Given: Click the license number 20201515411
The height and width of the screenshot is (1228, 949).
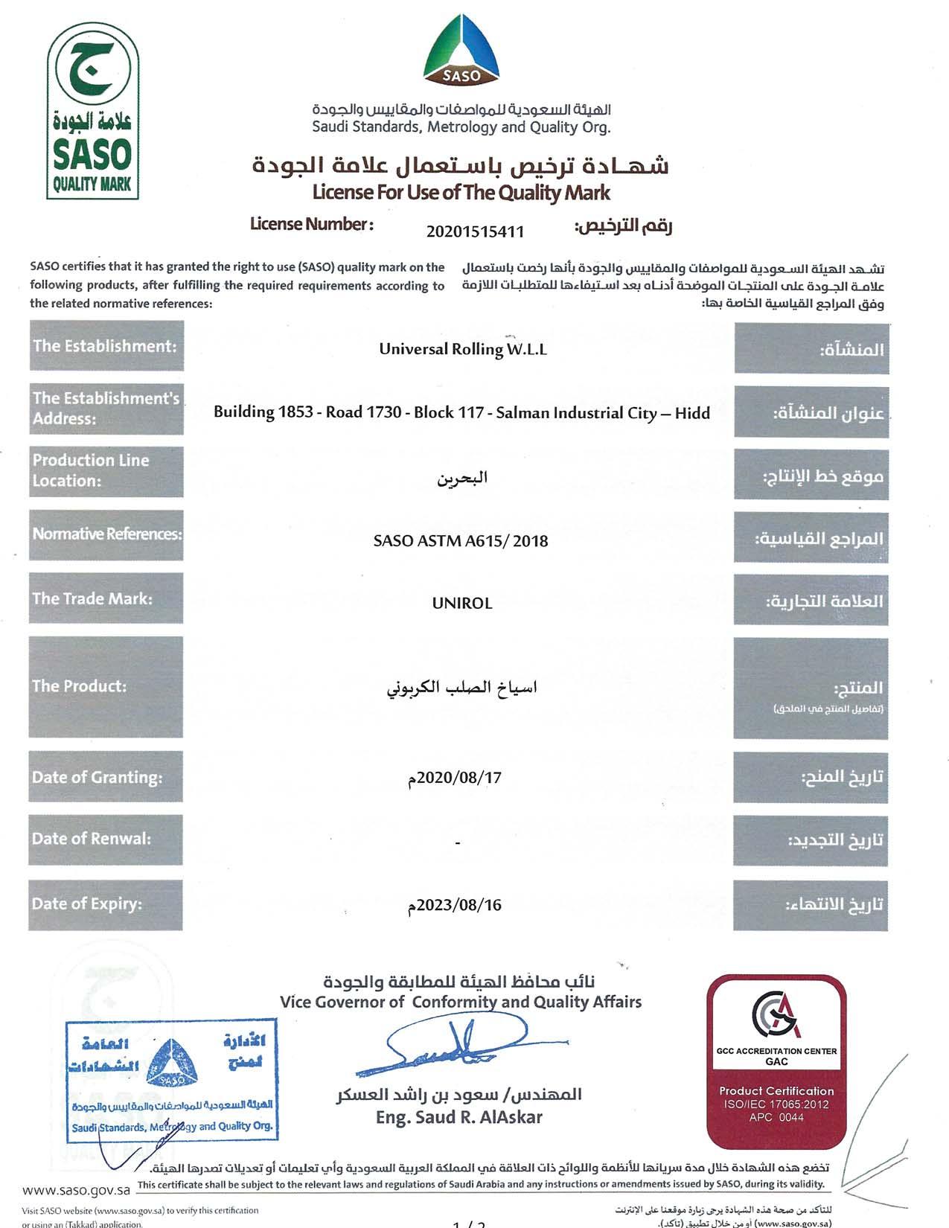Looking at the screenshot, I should click(x=475, y=231).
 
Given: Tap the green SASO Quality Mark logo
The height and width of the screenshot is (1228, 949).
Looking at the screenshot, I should click(x=92, y=111).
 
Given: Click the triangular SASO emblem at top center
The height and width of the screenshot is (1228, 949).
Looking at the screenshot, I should click(x=462, y=49).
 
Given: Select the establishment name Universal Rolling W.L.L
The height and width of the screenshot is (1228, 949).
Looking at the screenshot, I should click(x=462, y=349).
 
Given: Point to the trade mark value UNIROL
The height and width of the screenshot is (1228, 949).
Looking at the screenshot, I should click(x=462, y=603).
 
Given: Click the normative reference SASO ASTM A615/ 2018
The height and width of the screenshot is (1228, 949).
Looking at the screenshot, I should click(x=461, y=541).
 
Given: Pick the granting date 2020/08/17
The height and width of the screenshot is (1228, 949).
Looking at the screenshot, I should click(x=455, y=778).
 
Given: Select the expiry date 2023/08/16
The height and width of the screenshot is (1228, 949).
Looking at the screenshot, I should click(x=455, y=905).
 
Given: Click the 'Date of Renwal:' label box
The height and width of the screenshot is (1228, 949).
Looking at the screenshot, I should click(x=106, y=840).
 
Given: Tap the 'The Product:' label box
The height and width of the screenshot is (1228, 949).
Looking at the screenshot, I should click(x=106, y=686).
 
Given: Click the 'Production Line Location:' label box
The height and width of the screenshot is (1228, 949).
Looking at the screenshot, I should click(x=106, y=471).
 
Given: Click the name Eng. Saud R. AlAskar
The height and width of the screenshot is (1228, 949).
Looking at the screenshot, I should click(x=459, y=1117).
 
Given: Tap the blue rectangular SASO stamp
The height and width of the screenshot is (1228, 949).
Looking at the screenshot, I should click(x=171, y=1081).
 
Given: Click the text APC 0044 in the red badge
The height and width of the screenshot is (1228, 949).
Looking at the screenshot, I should click(x=776, y=1117).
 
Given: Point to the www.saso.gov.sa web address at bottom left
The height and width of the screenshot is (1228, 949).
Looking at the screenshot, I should click(x=76, y=1190).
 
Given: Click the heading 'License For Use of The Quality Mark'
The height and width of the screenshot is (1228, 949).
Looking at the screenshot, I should click(x=461, y=193).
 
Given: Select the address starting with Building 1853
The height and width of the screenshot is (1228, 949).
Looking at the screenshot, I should click(x=461, y=412).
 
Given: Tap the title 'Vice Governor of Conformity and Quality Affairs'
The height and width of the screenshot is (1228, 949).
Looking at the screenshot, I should click(x=461, y=1002).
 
